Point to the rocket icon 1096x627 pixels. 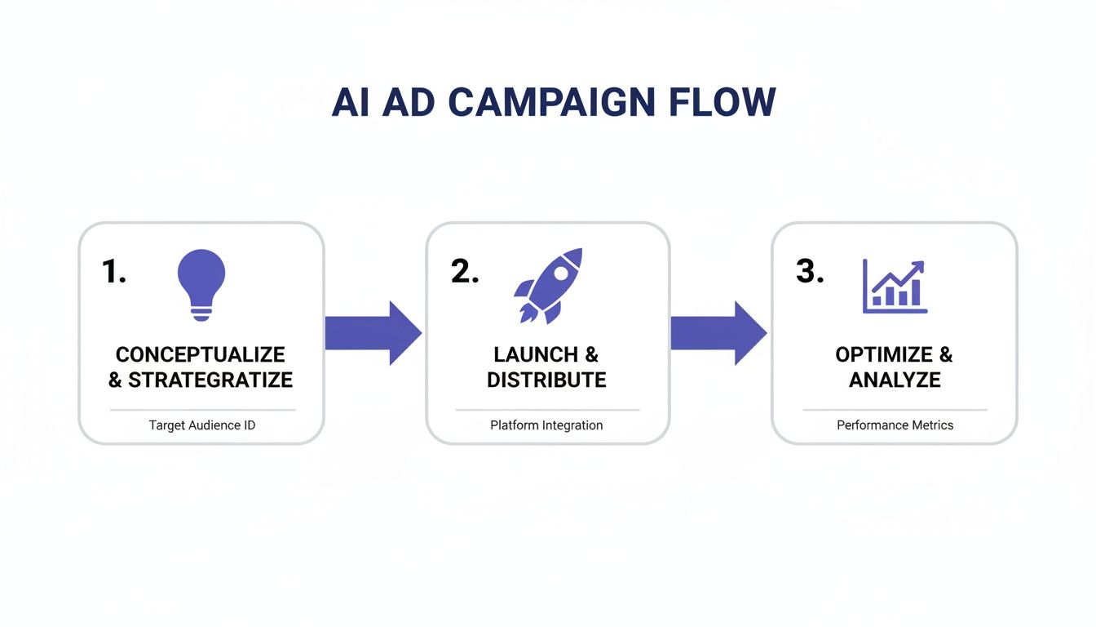[x=549, y=285]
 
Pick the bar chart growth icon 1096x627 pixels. [x=895, y=287]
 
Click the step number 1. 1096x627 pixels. [x=113, y=272]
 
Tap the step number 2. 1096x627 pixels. [x=464, y=272]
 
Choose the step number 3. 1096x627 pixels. [x=809, y=272]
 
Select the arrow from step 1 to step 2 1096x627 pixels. [x=373, y=333]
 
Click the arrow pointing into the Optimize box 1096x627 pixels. [x=718, y=333]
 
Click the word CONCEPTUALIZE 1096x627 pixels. [x=201, y=355]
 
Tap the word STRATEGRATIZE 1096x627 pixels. [x=210, y=380]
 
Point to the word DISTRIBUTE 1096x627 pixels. [x=546, y=380]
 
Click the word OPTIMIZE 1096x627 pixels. [x=884, y=355]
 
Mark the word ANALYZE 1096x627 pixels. [x=895, y=380]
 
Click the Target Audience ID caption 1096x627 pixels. [x=201, y=425]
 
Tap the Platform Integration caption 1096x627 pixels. [x=546, y=425]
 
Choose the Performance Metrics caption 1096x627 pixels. [x=895, y=425]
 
